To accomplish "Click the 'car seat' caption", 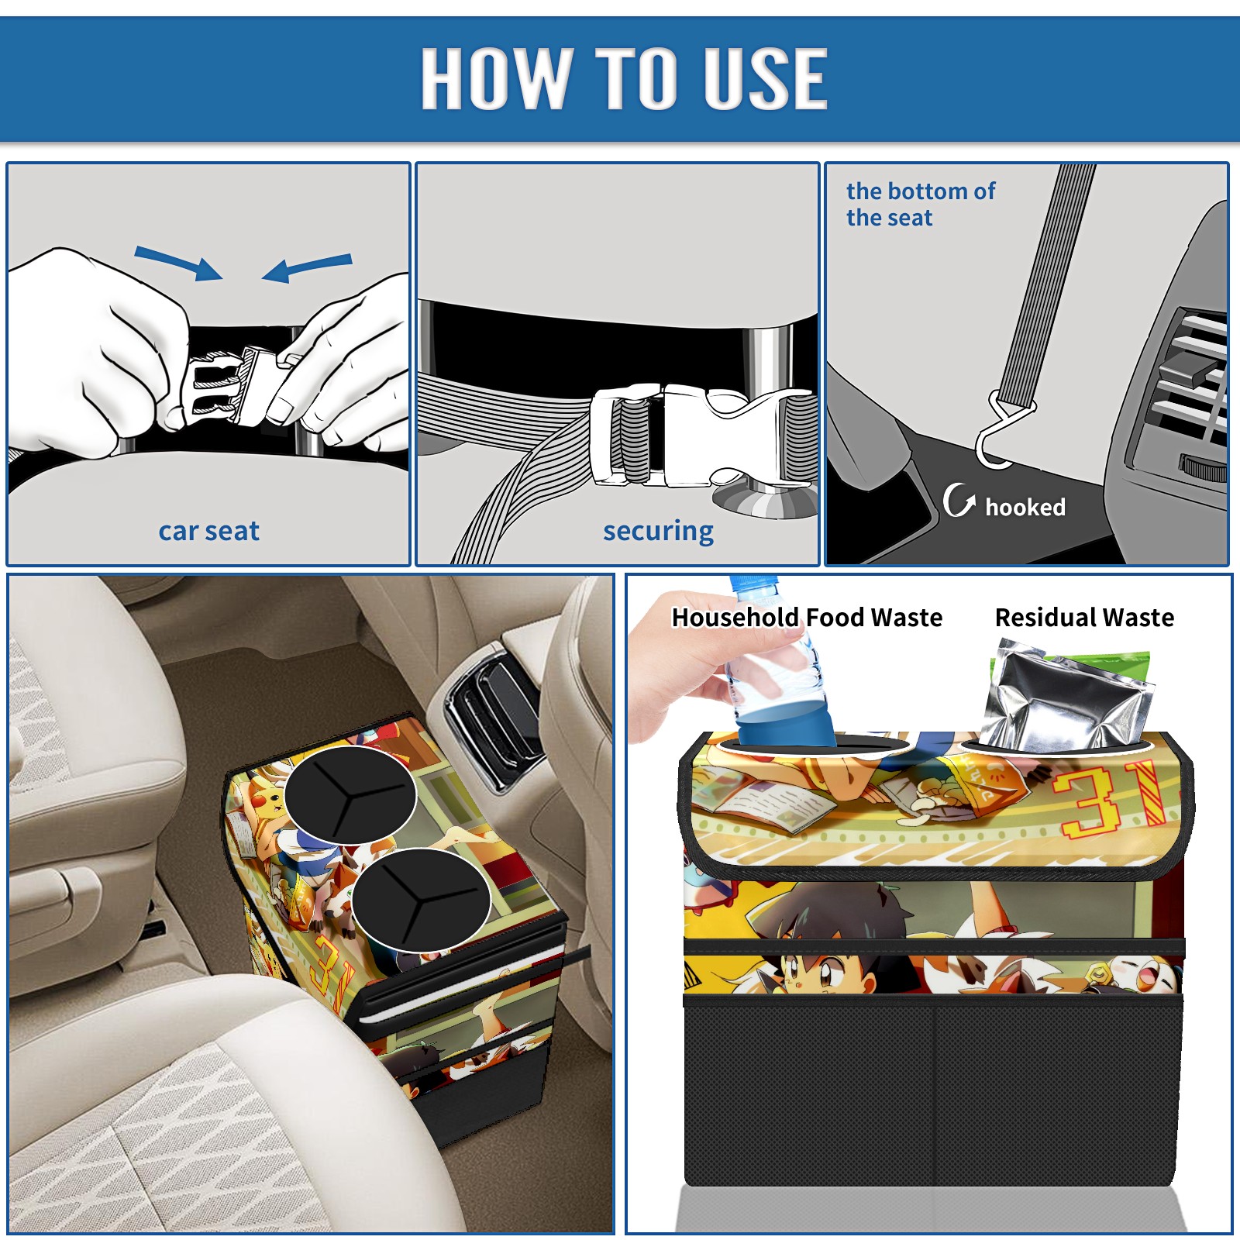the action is [208, 531].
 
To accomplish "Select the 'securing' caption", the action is [658, 532].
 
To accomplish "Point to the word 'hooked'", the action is [1025, 507].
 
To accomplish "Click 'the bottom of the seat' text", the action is [920, 204].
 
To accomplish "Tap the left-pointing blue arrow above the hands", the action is [307, 267].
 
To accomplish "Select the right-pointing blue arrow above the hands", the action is [178, 263].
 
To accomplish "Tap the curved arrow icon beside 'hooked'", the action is [958, 501].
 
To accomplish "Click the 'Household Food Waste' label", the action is [807, 617].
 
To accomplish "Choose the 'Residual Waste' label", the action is [1084, 617].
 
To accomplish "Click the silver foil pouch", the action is [1066, 697].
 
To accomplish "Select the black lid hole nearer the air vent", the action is [350, 795].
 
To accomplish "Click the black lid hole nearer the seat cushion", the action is [421, 900].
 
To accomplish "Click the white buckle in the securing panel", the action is [701, 436].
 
